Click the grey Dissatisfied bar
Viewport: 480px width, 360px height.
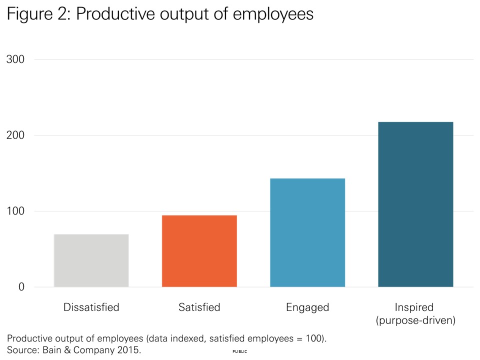pyautogui.click(x=91, y=260)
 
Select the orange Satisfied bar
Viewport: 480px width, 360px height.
pyautogui.click(x=199, y=251)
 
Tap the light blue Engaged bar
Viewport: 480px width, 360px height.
pyautogui.click(x=307, y=232)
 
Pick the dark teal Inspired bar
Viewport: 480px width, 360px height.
pyautogui.click(x=415, y=204)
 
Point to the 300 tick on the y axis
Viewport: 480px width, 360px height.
pyautogui.click(x=15, y=59)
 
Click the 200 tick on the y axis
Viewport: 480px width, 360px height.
pyautogui.click(x=15, y=135)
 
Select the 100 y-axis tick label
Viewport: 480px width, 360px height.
pyautogui.click(x=15, y=211)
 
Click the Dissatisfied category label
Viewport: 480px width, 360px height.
pyautogui.click(x=91, y=307)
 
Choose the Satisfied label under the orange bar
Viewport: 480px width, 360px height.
pyautogui.click(x=199, y=307)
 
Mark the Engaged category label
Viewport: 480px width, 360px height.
pyautogui.click(x=307, y=307)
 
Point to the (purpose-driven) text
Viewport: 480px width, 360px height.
pyautogui.click(x=415, y=320)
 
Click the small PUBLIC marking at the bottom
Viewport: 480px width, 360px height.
pyautogui.click(x=240, y=352)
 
